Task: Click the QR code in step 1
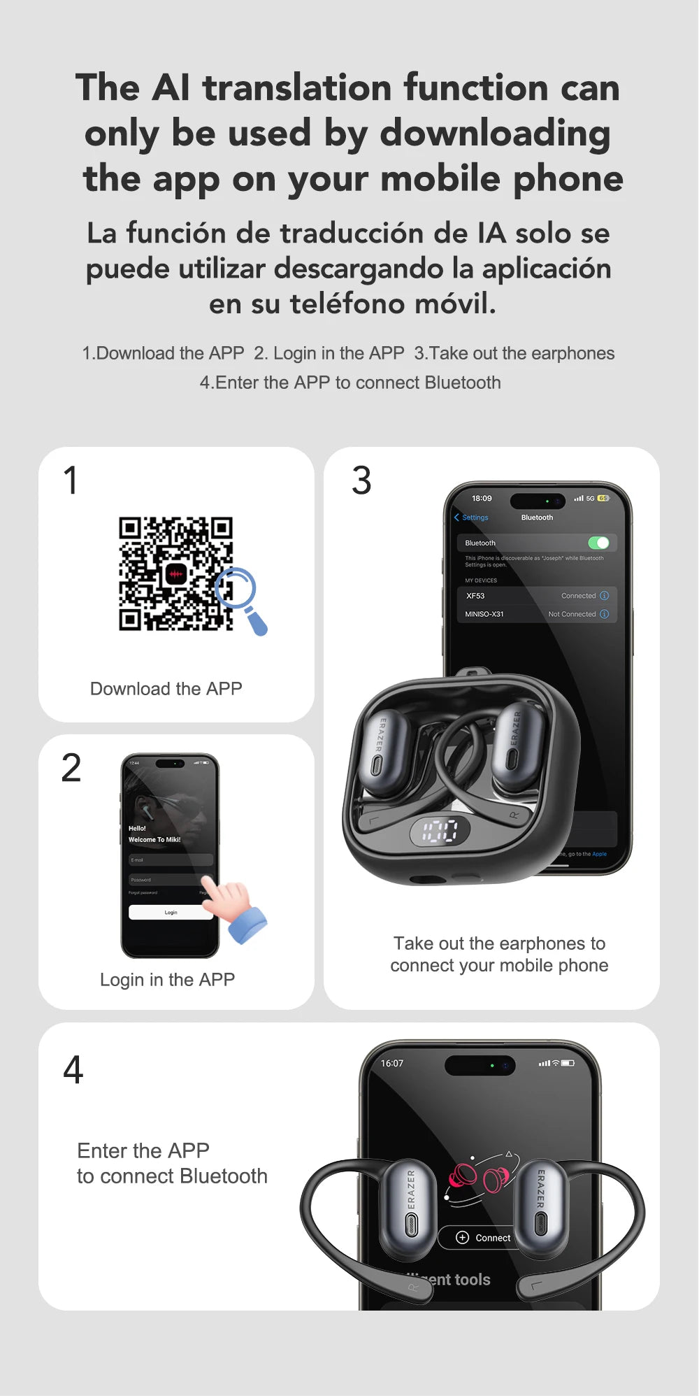(x=175, y=573)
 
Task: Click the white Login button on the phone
(x=171, y=912)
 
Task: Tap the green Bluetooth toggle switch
(x=598, y=543)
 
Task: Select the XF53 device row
(x=537, y=596)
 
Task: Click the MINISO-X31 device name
(x=484, y=614)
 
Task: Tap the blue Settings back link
(x=472, y=518)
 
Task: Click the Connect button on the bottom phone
(x=484, y=1237)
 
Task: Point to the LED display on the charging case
(x=440, y=832)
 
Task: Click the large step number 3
(x=361, y=481)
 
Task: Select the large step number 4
(x=73, y=1070)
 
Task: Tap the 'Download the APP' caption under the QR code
(x=166, y=689)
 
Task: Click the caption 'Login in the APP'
(x=167, y=980)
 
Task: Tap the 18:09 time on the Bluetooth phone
(x=482, y=499)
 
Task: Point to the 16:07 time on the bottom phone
(x=392, y=1063)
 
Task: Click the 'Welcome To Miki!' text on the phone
(x=154, y=839)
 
